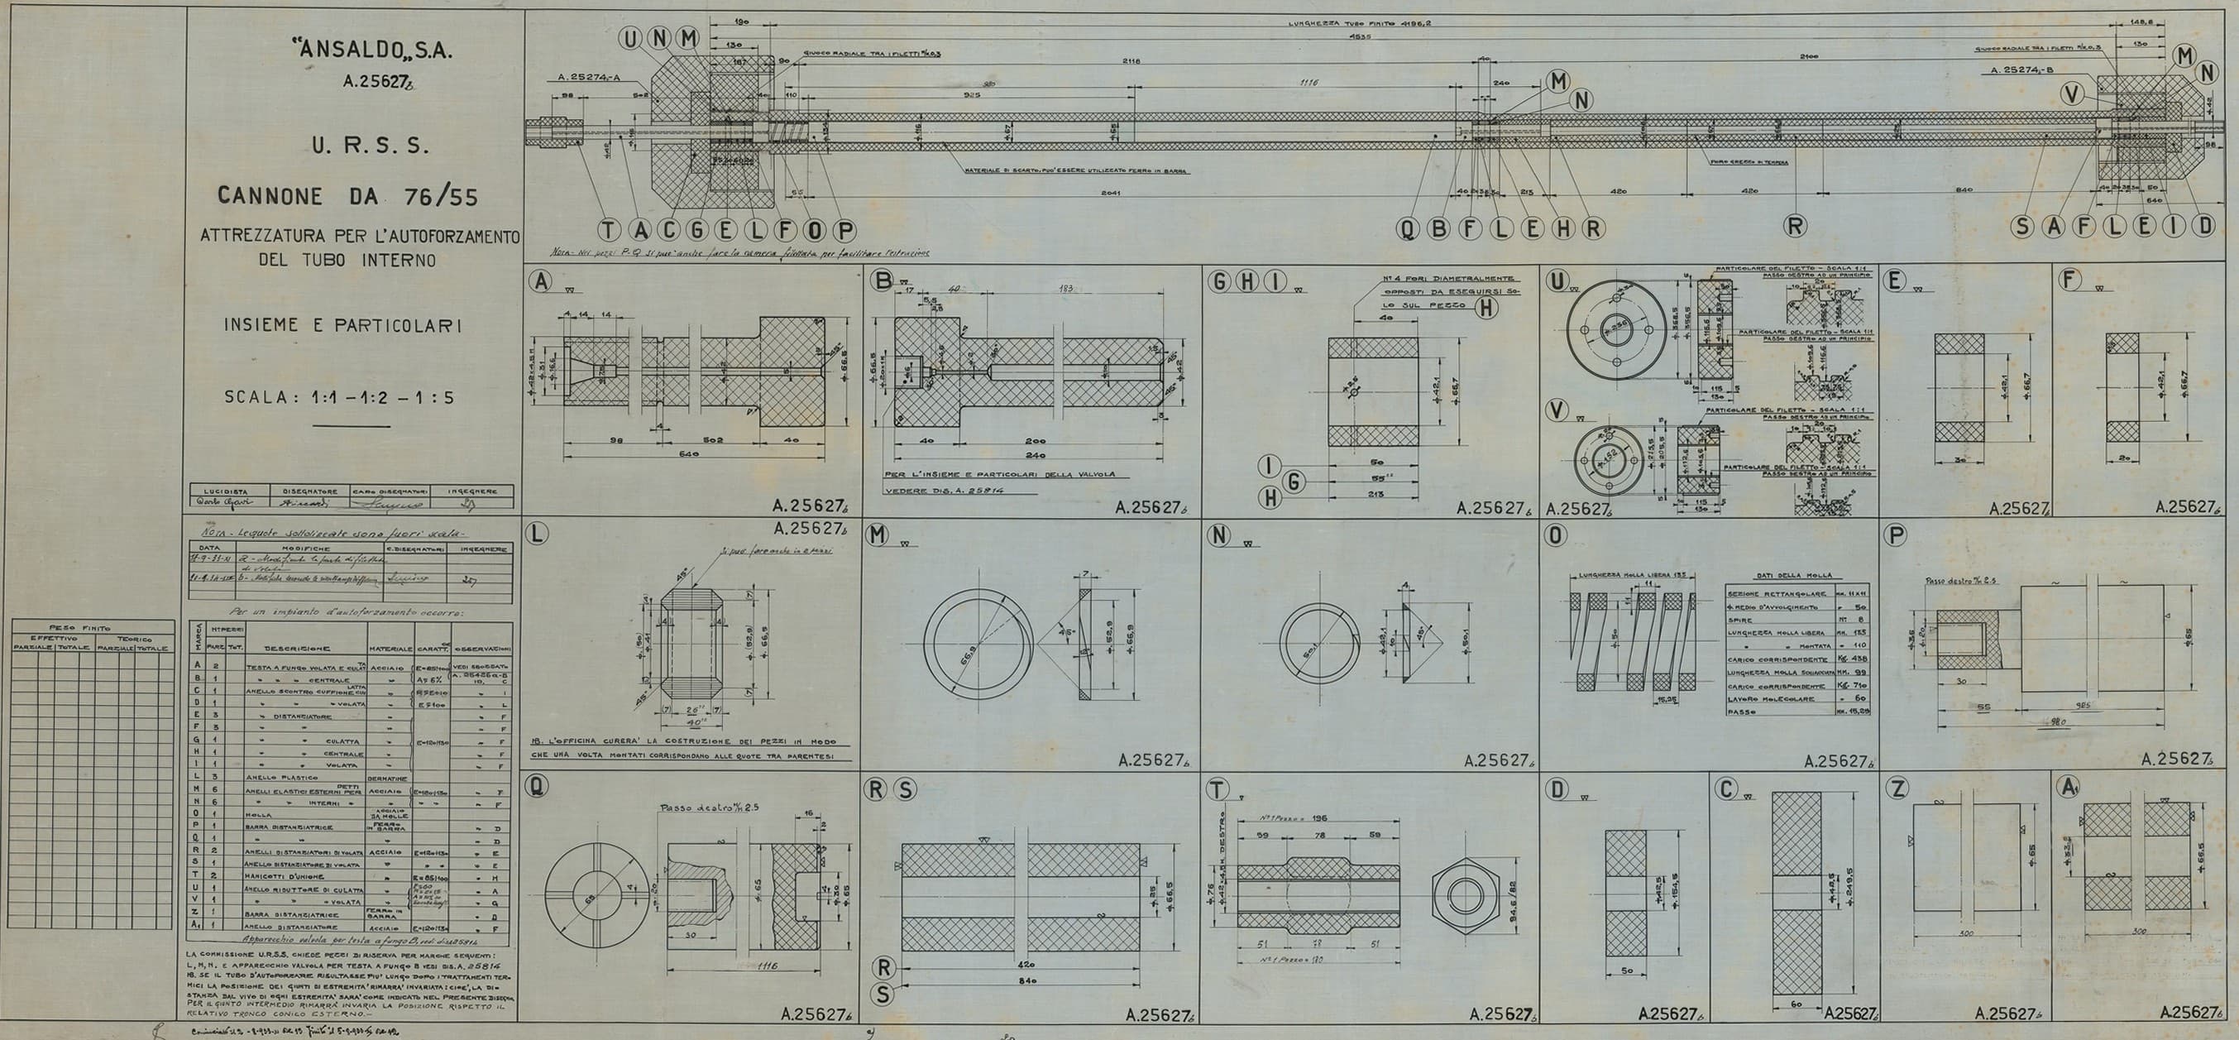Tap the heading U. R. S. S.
pyautogui.click(x=371, y=146)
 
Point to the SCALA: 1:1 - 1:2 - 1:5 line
pyautogui.click(x=340, y=397)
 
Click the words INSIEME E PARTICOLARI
pyautogui.click(x=342, y=325)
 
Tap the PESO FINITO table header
pyautogui.click(x=93, y=627)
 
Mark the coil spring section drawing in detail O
pyautogui.click(x=1630, y=639)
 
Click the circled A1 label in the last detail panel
pyautogui.click(x=2068, y=788)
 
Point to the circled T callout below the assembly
pyautogui.click(x=609, y=229)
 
